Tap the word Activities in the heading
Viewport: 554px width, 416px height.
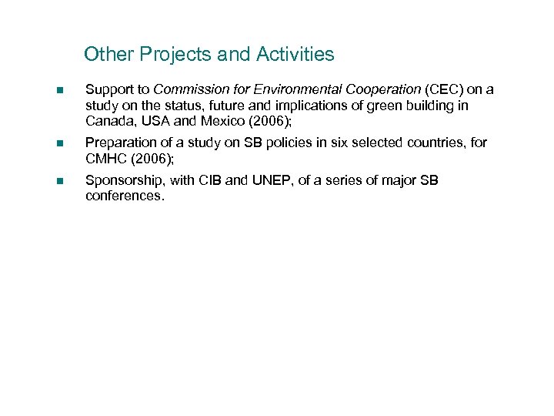point(296,55)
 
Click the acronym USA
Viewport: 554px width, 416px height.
point(154,121)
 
